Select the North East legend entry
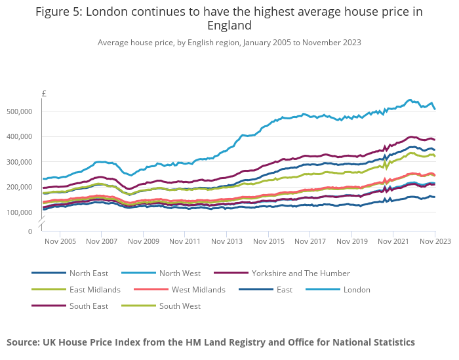[x=89, y=273]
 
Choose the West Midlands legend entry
[x=198, y=290]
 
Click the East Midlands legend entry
[x=95, y=290]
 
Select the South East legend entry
[x=89, y=306]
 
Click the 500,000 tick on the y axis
[x=19, y=112]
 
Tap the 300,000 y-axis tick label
[x=19, y=163]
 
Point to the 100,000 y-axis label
[x=19, y=213]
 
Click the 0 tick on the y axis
[x=30, y=231]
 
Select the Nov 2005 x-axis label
[x=60, y=242]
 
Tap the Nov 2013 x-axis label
[x=226, y=242]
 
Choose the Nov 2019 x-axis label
[x=351, y=242]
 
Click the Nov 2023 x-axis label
[x=435, y=242]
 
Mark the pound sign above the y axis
[x=44, y=94]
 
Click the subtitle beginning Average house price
[x=229, y=43]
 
